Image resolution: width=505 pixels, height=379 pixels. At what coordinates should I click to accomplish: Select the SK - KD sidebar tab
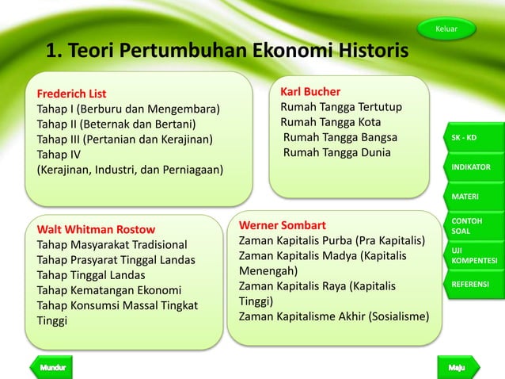tap(472, 138)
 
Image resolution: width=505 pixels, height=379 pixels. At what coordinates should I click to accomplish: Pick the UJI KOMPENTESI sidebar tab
tap(473, 255)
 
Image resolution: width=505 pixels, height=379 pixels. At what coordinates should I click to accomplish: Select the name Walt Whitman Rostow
tap(96, 230)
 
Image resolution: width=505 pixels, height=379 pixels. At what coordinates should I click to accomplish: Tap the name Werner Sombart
tap(282, 225)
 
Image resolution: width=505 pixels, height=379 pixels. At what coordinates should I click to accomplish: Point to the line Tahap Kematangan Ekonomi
tap(109, 290)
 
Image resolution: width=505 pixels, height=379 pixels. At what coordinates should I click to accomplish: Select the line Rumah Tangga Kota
tap(330, 122)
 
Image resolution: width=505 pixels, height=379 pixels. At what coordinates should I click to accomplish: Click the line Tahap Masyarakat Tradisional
tap(112, 245)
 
